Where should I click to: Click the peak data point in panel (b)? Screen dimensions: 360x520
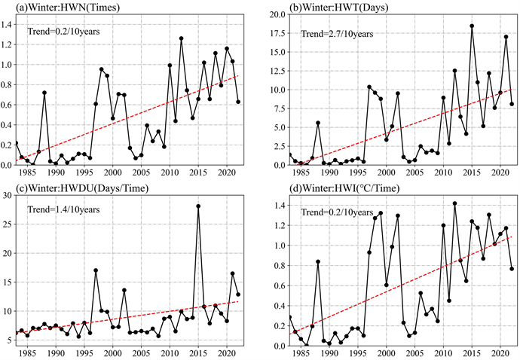coord(472,26)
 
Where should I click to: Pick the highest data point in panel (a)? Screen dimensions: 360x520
coord(182,38)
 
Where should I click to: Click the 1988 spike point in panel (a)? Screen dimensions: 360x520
coord(44,93)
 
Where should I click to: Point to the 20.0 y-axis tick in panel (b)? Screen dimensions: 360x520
coord(277,15)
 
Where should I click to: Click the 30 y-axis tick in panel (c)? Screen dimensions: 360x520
coord(9,195)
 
